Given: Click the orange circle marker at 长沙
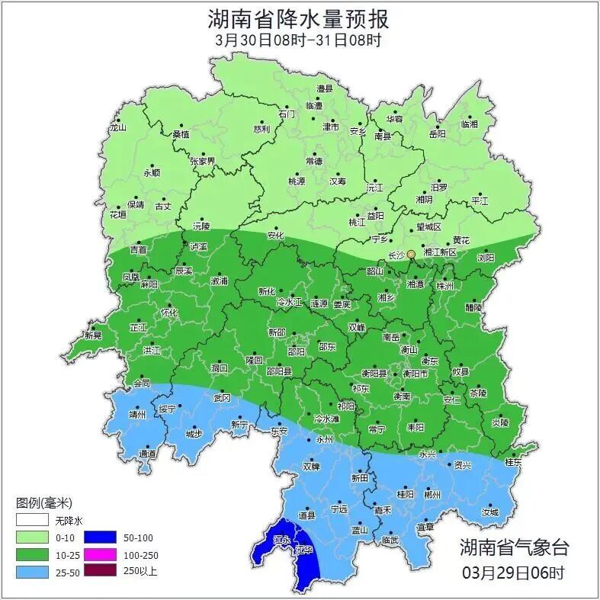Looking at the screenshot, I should (411, 254).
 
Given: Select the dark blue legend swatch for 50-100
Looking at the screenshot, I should (100, 537).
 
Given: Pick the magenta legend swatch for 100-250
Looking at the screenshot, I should (100, 554).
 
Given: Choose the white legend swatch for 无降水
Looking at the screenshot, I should (31, 521).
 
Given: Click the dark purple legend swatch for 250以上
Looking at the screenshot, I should (100, 570).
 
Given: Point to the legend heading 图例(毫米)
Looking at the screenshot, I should (43, 503).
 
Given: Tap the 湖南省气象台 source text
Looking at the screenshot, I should (513, 547).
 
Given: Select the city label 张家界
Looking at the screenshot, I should (203, 162).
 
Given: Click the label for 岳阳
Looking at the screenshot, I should (437, 134).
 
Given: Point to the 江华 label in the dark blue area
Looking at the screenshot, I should (305, 550).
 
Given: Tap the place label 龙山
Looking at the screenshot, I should (117, 127).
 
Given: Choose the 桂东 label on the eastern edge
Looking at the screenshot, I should (513, 462).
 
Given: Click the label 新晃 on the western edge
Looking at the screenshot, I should (93, 335).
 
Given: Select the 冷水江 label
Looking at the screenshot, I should (289, 303).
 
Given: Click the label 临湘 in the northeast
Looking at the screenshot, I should (470, 124).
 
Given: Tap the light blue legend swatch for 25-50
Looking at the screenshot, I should (31, 570).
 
